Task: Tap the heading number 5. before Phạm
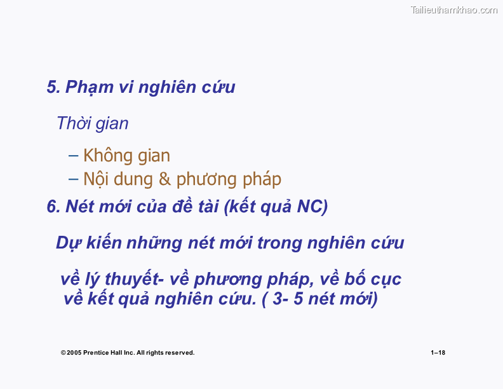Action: pos(53,87)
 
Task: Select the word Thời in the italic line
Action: pos(73,123)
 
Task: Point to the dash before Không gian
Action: pos(73,156)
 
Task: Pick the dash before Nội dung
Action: pos(73,179)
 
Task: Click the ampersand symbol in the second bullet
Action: pos(164,179)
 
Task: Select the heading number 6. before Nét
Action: pos(53,207)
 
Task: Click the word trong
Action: pos(279,243)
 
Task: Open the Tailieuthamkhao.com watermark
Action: pos(454,10)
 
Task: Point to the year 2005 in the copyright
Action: pos(74,353)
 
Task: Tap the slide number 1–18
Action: pos(438,353)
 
